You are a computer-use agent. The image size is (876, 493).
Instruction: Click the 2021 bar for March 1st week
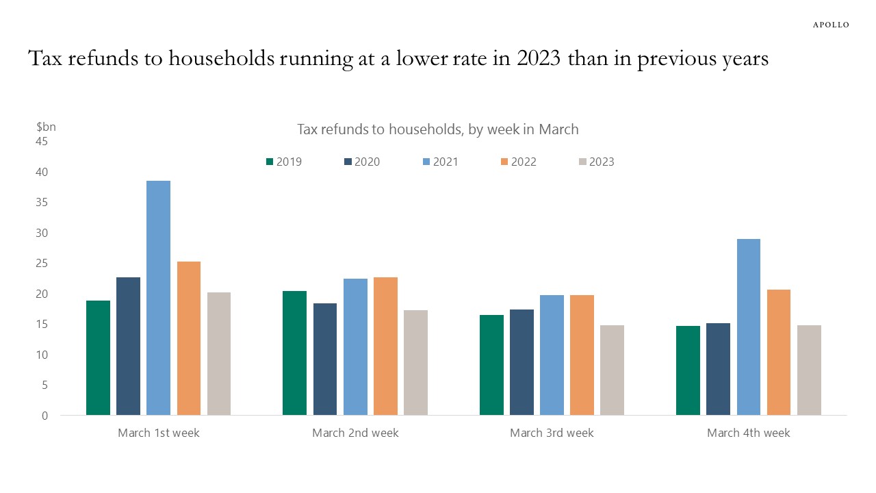click(158, 298)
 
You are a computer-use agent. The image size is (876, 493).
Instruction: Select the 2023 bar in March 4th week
click(809, 370)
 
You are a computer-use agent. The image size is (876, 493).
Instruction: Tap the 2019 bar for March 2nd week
click(294, 353)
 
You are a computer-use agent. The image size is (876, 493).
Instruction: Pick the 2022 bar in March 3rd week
click(582, 355)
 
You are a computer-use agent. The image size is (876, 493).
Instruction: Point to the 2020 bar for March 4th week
click(718, 369)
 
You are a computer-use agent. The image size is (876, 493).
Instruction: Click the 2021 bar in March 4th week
click(749, 327)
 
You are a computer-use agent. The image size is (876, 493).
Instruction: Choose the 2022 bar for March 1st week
click(188, 338)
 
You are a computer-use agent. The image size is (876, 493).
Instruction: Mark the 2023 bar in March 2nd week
click(415, 363)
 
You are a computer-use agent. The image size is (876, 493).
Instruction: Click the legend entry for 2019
click(284, 162)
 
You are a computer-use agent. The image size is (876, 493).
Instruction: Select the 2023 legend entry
click(597, 162)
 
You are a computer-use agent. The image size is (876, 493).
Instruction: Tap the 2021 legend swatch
click(426, 162)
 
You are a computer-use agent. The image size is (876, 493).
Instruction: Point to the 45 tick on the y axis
click(42, 141)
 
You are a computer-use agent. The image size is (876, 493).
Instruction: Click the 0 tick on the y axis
click(44, 416)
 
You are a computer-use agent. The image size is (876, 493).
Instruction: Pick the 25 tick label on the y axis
click(42, 264)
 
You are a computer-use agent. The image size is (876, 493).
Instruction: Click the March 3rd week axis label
click(552, 433)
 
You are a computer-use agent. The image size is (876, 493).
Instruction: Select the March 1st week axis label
click(159, 433)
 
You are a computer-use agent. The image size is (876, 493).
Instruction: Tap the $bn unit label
click(46, 127)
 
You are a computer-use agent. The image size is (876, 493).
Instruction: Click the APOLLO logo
click(831, 25)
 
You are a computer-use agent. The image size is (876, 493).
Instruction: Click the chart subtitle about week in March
click(438, 129)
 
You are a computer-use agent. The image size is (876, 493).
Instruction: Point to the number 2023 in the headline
click(539, 58)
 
